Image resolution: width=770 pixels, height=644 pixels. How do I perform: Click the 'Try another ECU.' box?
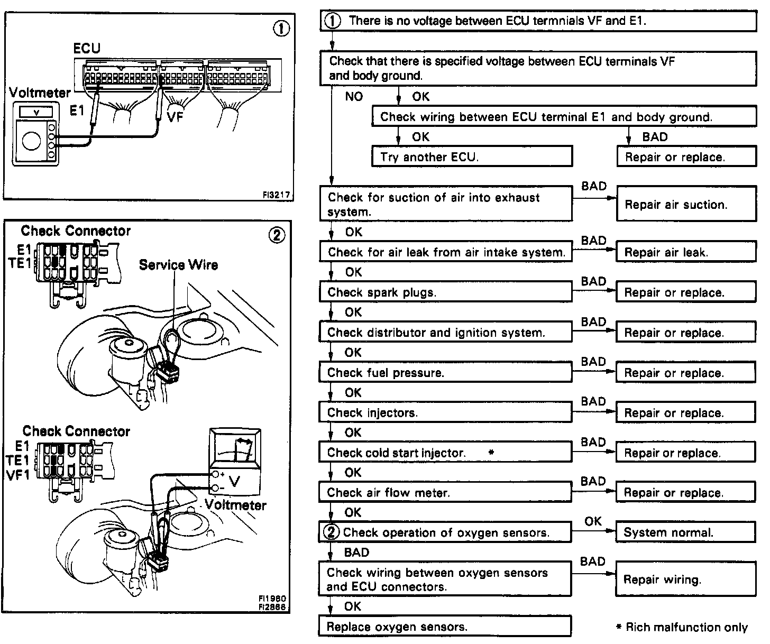[472, 157]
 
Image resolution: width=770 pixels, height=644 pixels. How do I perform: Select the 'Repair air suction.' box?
[686, 204]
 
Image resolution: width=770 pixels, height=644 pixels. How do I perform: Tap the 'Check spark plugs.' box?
[445, 292]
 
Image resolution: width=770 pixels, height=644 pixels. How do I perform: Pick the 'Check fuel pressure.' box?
[445, 373]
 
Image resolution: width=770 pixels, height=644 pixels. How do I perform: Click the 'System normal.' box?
[686, 532]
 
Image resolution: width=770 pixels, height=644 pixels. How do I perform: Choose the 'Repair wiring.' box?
[686, 579]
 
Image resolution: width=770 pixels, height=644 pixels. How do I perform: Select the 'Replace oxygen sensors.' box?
[445, 627]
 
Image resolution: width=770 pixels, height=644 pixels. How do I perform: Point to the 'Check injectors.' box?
[445, 412]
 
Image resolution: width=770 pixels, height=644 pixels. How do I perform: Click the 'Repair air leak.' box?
[686, 252]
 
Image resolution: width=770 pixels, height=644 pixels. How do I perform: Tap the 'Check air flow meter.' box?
[445, 493]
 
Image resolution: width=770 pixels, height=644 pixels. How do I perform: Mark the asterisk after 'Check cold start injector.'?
[491, 453]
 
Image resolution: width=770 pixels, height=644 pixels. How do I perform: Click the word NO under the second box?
[354, 97]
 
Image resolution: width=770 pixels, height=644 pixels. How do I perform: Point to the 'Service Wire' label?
[178, 264]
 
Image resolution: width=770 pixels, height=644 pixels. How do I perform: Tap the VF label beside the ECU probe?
[175, 116]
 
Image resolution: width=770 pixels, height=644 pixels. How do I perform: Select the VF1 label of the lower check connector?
[19, 474]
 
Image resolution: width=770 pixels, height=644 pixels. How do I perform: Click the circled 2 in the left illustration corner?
[277, 235]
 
